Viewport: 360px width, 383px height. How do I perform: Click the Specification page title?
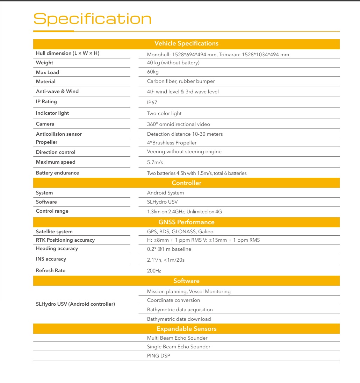pyautogui.click(x=92, y=19)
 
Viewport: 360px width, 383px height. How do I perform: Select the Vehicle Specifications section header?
pyautogui.click(x=186, y=44)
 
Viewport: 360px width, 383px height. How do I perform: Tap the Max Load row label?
pyautogui.click(x=48, y=72)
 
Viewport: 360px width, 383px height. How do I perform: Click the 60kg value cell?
pyautogui.click(x=153, y=72)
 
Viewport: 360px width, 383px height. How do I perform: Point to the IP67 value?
pyautogui.click(x=152, y=103)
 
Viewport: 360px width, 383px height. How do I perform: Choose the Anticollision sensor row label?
pyautogui.click(x=59, y=134)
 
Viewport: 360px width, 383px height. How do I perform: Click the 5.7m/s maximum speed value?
pyautogui.click(x=155, y=162)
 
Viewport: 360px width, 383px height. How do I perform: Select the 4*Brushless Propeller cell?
pyautogui.click(x=172, y=143)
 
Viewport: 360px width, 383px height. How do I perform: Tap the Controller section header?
pyautogui.click(x=186, y=183)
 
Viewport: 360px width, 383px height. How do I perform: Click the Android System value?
pyautogui.click(x=165, y=193)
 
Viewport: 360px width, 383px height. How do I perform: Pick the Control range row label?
pyautogui.click(x=52, y=211)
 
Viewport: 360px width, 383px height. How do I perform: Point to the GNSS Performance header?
pyautogui.click(x=186, y=222)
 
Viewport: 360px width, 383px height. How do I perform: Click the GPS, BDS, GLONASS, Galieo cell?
pyautogui.click(x=180, y=232)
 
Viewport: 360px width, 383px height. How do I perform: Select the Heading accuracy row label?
pyautogui.click(x=57, y=248)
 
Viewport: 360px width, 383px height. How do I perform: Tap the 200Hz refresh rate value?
pyautogui.click(x=154, y=271)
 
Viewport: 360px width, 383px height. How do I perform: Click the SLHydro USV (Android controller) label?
pyautogui.click(x=75, y=304)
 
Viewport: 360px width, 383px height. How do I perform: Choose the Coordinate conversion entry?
pyautogui.click(x=173, y=300)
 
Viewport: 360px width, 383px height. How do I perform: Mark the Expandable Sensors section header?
pyautogui.click(x=186, y=329)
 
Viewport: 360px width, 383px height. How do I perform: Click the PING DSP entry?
pyautogui.click(x=158, y=356)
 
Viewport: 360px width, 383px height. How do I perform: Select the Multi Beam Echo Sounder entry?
pyautogui.click(x=177, y=338)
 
